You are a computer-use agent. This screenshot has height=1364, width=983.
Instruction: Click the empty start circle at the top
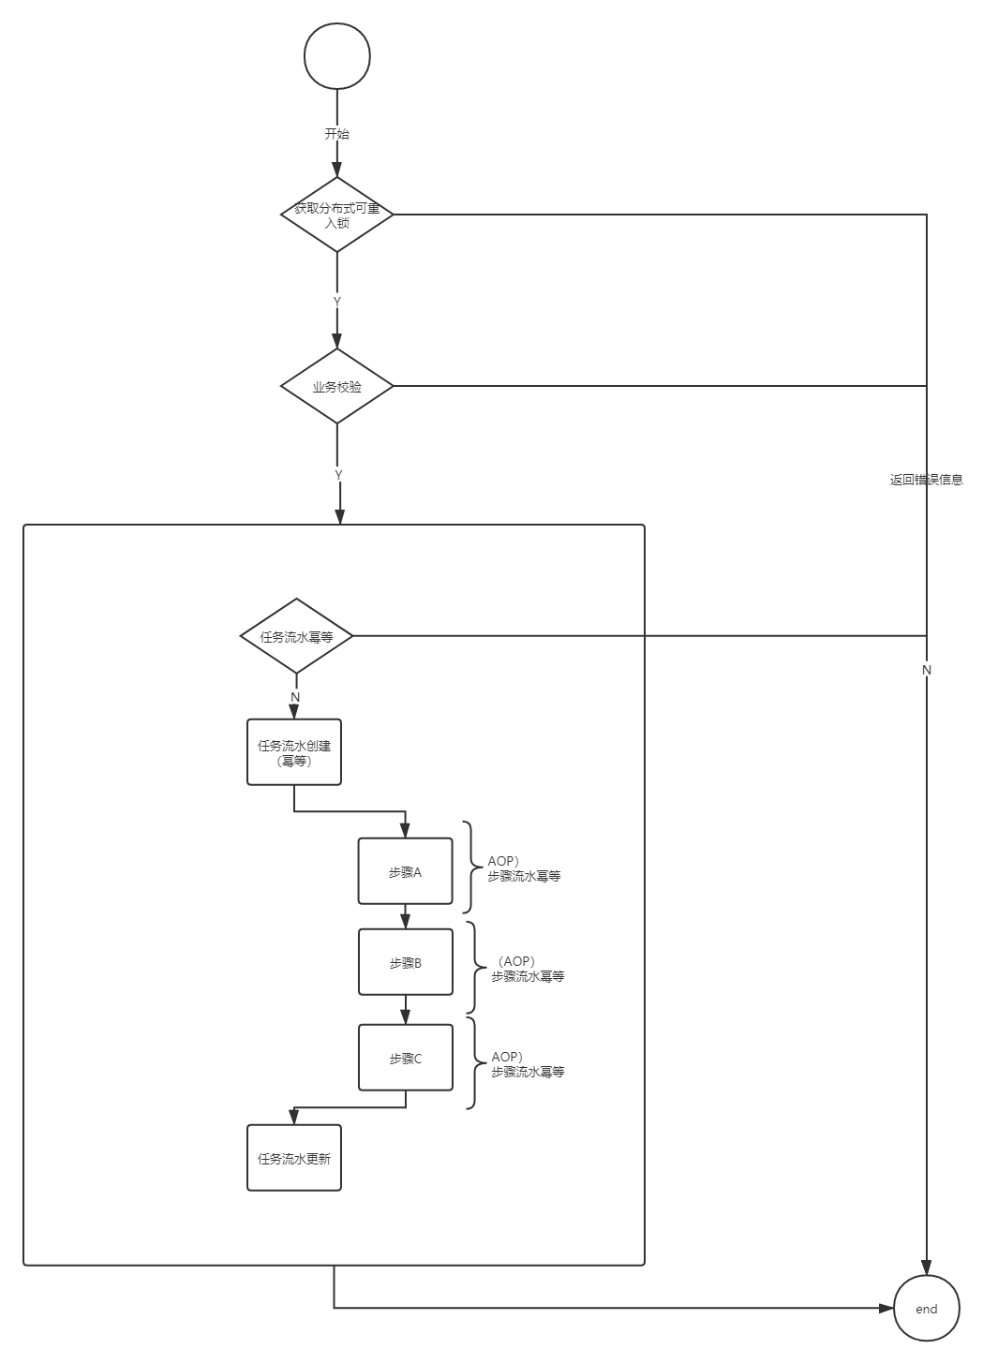click(x=337, y=56)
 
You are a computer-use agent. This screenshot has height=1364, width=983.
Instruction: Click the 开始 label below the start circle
click(x=336, y=134)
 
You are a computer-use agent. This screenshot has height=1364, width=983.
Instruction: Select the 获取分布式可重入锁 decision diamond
click(x=336, y=215)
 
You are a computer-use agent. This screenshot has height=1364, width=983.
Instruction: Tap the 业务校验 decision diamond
click(x=336, y=386)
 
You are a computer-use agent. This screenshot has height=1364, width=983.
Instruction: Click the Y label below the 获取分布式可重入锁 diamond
click(x=336, y=301)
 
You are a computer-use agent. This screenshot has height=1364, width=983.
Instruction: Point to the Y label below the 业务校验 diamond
click(x=338, y=475)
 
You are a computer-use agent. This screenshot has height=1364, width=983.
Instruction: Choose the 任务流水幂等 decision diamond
click(x=296, y=636)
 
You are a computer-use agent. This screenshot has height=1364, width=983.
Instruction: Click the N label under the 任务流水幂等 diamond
click(x=295, y=697)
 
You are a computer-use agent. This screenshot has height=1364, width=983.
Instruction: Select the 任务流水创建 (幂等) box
click(x=294, y=752)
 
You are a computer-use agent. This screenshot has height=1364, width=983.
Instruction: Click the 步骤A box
click(x=405, y=871)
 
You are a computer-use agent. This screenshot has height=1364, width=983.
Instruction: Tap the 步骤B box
click(x=405, y=962)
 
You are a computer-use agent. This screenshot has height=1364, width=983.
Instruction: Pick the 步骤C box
click(x=405, y=1058)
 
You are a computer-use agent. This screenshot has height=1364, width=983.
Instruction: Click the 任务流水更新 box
click(x=294, y=1158)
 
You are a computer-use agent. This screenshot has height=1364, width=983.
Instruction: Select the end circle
click(x=926, y=1309)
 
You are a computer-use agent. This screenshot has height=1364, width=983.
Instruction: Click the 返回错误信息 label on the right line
click(x=926, y=480)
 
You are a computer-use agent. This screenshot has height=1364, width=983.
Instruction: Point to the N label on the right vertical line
click(x=927, y=670)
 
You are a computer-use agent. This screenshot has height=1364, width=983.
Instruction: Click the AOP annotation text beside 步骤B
click(x=528, y=969)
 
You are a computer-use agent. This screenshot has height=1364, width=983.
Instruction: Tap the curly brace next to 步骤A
click(x=469, y=867)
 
